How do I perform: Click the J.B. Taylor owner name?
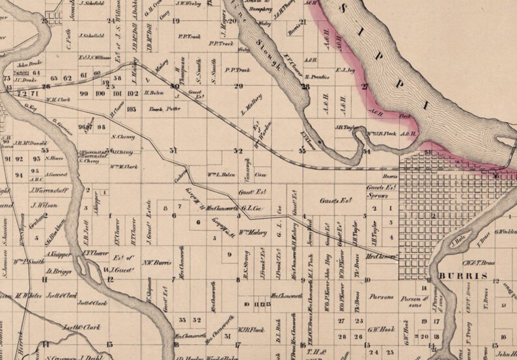click(348, 128)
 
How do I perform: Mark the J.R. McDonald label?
click(32, 143)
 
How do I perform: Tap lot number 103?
click(131, 109)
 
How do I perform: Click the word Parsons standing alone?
click(383, 297)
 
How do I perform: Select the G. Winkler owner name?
click(505, 231)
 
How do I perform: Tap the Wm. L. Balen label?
click(221, 174)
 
